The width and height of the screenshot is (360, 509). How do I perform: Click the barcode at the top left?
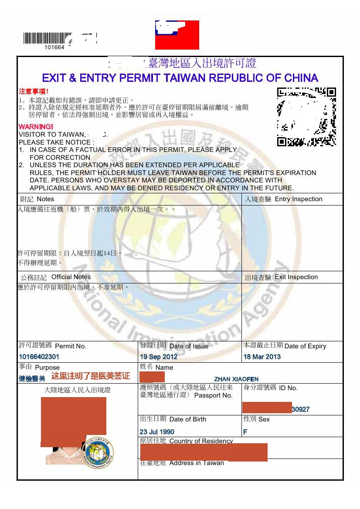tap(46, 38)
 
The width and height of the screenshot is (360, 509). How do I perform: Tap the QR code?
tap(307, 117)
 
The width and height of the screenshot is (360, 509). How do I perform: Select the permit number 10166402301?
tap(39, 357)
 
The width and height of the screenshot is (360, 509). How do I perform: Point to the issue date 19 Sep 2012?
tap(158, 357)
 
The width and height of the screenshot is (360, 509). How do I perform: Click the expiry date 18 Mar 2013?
tap(262, 357)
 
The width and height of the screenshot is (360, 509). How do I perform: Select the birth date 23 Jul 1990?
tap(157, 432)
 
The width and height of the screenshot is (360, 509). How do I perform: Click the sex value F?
tap(245, 432)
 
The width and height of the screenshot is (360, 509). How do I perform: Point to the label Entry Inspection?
tap(299, 199)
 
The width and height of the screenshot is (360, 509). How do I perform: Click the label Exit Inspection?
tap(296, 277)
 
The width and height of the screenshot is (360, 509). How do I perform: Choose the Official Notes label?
tap(71, 277)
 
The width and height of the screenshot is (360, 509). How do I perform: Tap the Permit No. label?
tap(71, 346)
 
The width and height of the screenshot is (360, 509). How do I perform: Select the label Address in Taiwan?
tap(197, 463)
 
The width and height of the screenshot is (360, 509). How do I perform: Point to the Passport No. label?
tap(213, 395)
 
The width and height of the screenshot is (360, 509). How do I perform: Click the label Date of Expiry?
tap(305, 346)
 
